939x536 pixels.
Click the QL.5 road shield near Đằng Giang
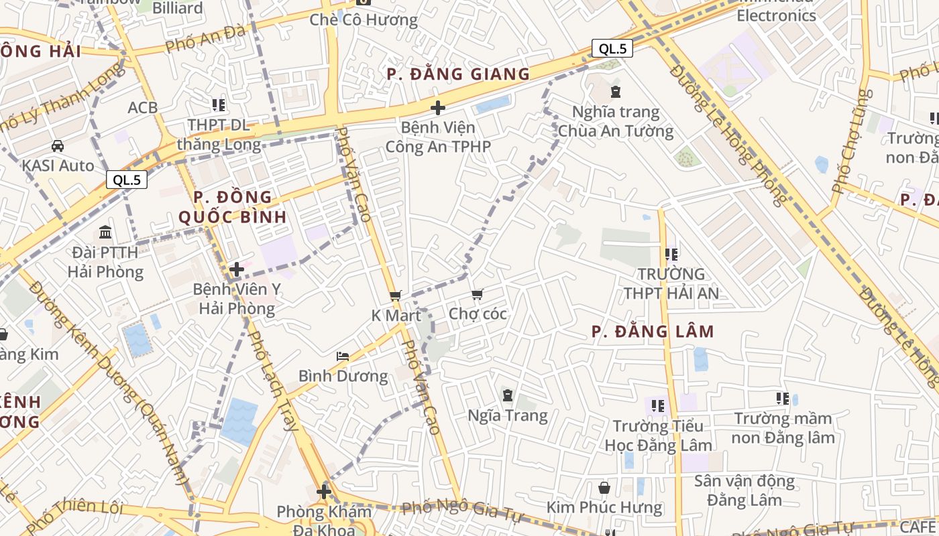click(612, 48)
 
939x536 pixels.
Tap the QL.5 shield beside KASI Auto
click(127, 180)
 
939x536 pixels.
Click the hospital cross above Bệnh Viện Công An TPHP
click(438, 107)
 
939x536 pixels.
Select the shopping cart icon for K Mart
click(396, 295)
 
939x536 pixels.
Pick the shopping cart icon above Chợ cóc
click(478, 294)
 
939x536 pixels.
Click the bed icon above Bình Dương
click(343, 356)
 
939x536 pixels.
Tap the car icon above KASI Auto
click(58, 145)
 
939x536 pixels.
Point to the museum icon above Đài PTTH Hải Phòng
click(105, 232)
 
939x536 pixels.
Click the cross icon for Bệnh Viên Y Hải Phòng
click(236, 269)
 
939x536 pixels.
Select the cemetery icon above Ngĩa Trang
click(508, 395)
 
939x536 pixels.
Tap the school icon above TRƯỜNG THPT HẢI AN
click(671, 255)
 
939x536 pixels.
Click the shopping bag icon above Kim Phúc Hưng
click(604, 488)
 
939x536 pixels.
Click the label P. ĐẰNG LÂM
click(653, 332)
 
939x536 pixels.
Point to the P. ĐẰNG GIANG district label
click(458, 74)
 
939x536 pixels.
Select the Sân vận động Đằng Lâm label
click(744, 490)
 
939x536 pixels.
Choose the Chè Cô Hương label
click(364, 20)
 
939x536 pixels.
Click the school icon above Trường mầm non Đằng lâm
click(782, 399)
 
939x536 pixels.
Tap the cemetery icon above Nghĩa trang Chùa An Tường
click(616, 92)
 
